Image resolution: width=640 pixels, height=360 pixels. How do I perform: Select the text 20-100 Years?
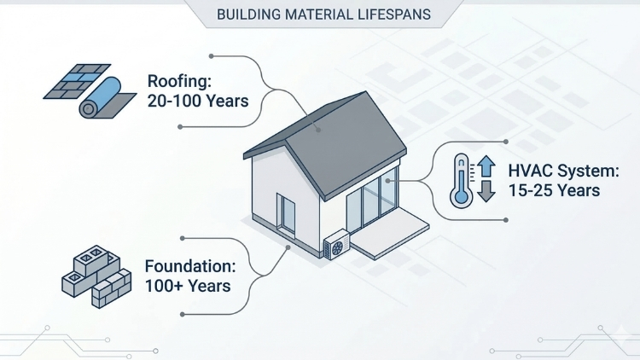pyautogui.click(x=197, y=102)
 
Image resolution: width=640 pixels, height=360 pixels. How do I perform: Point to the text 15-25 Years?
pyautogui.click(x=554, y=190)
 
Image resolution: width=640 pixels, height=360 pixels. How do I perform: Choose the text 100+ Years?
pyautogui.click(x=187, y=286)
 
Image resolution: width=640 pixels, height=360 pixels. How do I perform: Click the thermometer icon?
pyautogui.click(x=463, y=180)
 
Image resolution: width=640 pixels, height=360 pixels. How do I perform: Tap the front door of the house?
pyautogui.click(x=286, y=215)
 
